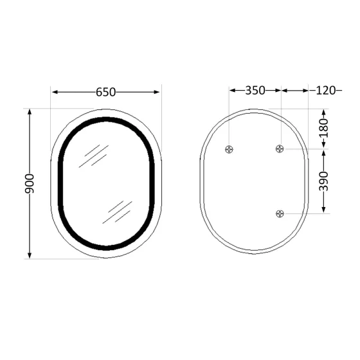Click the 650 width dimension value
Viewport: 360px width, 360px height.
click(105, 92)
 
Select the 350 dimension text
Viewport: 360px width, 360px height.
click(255, 91)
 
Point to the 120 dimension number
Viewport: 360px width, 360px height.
click(326, 91)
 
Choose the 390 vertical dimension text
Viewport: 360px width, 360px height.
click(323, 181)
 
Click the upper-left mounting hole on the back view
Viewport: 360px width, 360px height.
click(230, 149)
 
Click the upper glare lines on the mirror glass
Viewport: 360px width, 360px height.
click(94, 156)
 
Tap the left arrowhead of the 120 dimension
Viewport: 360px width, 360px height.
click(284, 91)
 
